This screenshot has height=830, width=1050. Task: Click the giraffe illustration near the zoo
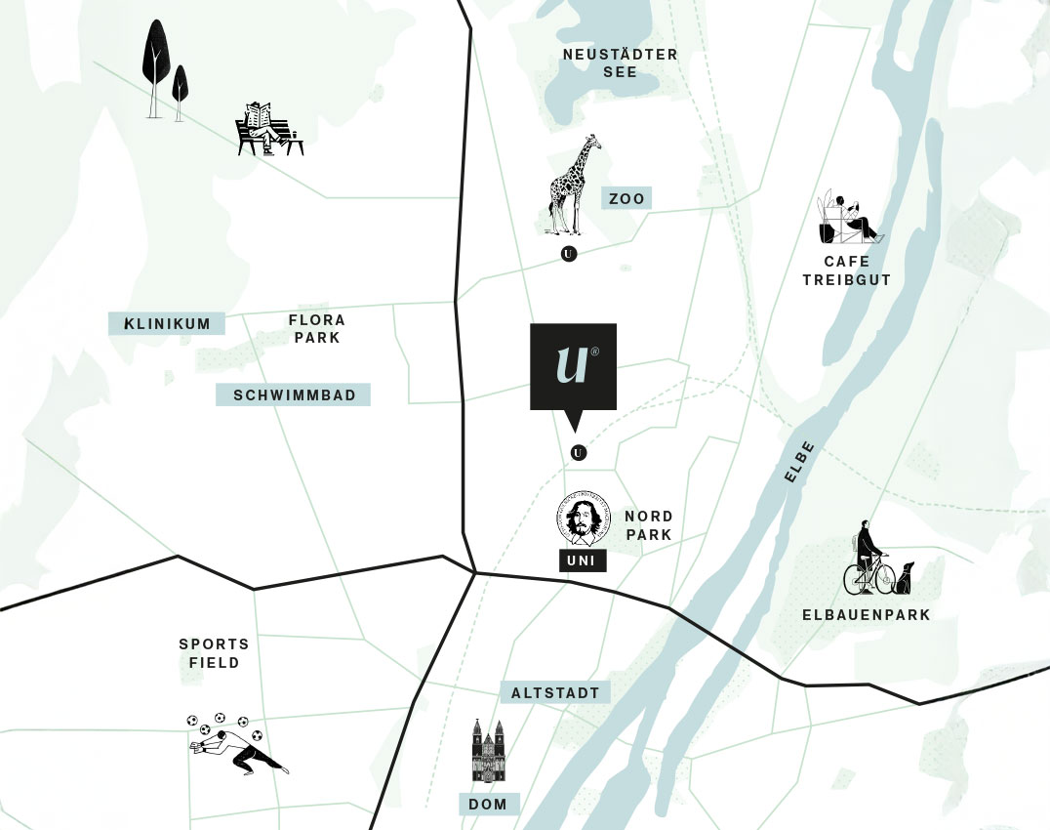573,186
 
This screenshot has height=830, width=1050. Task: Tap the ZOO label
626,199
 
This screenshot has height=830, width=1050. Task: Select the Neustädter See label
620,63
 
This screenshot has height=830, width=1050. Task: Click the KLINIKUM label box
167,324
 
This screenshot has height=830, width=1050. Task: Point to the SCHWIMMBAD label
293,395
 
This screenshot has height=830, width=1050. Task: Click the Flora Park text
317,329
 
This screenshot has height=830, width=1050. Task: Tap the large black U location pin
573,368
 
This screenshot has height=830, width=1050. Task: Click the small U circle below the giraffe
570,254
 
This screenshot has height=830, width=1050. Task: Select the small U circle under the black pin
579,453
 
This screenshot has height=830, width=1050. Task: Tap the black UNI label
581,560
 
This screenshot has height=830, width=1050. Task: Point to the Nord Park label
649,525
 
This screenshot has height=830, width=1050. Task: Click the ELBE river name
798,462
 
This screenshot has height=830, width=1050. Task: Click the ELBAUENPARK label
866,615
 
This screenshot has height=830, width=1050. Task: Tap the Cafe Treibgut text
846,271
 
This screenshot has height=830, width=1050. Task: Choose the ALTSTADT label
555,692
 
